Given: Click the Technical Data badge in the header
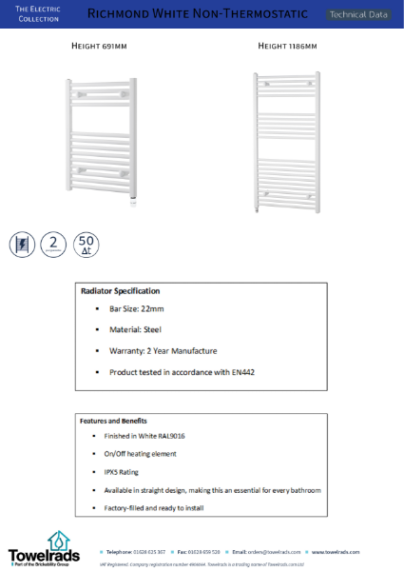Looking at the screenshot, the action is pos(357,14).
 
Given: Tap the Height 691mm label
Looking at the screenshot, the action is pos(101,46).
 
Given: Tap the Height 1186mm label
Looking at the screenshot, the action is pos(287,46).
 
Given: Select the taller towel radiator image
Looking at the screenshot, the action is pos(285,141).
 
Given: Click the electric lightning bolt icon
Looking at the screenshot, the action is pos(21,245).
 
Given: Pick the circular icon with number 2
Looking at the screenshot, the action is pos(54,244).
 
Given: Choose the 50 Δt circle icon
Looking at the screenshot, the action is pos(87,245).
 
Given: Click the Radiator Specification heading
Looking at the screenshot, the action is pos(121,291).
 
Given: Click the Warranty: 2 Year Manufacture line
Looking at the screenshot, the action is pos(163,350).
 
